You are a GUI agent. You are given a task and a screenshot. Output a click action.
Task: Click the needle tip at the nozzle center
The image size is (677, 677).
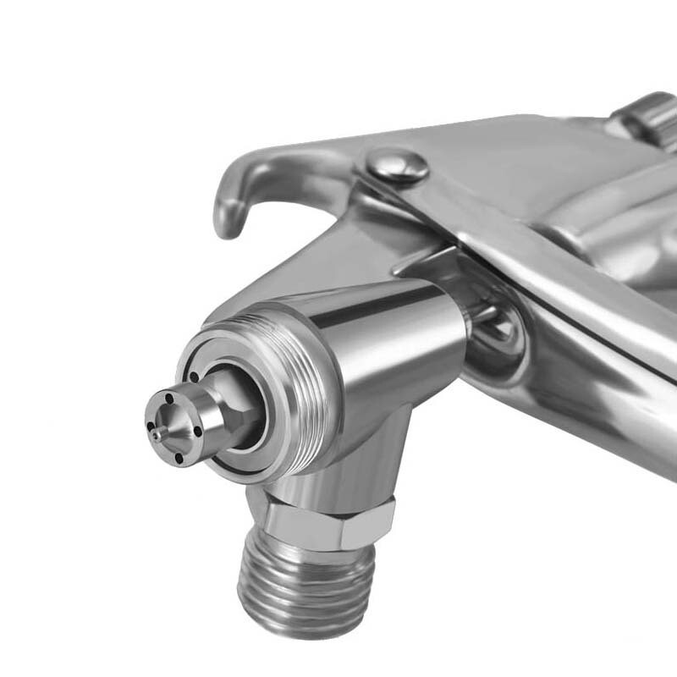157,434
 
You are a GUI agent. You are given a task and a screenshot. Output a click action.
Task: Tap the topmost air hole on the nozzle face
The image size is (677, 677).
169,398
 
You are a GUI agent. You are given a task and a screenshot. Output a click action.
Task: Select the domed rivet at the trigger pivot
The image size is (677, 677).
397,164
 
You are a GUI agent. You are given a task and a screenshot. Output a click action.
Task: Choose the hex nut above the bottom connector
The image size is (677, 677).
326,525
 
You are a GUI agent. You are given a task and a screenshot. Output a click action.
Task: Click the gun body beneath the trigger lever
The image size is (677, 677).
592,381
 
